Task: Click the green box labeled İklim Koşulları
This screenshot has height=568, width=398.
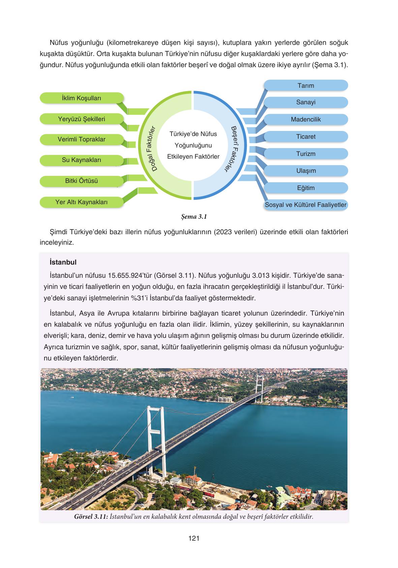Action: (x=82, y=98)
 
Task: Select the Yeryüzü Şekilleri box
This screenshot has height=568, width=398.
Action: (x=82, y=119)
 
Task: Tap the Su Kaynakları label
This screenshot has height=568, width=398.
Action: (x=82, y=160)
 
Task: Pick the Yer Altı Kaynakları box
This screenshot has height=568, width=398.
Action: (x=82, y=202)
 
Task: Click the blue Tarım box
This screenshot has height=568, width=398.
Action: (x=305, y=85)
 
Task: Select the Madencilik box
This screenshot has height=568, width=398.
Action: (x=305, y=119)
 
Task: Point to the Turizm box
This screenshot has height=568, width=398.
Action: (x=305, y=154)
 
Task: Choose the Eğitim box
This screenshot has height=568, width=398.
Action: (x=305, y=188)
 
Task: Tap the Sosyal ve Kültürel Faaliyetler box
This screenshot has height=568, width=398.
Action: (x=305, y=205)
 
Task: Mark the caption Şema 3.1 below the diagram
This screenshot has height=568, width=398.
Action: (x=193, y=217)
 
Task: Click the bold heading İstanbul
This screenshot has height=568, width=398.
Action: (x=63, y=262)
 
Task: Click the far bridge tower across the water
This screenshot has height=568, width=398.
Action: (x=259, y=388)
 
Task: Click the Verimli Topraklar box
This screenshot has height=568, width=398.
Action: (x=82, y=139)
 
